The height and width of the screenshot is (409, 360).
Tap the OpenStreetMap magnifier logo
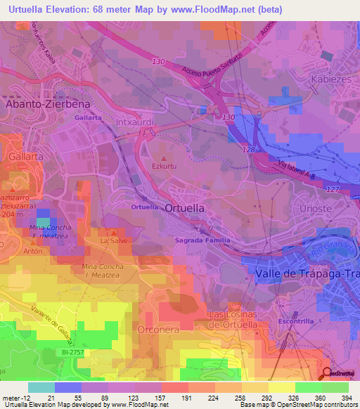[328, 373]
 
